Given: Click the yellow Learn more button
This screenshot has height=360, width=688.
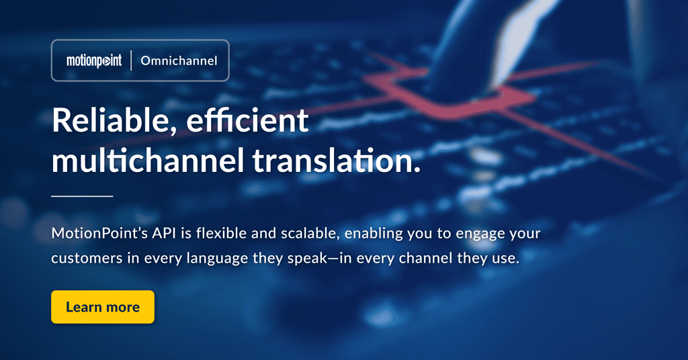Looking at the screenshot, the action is (x=103, y=307).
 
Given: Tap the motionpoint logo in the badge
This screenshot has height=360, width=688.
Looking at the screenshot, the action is (x=94, y=61).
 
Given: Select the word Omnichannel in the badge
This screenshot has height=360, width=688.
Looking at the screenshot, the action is (x=179, y=60).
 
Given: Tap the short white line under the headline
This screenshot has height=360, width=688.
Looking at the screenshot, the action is (x=82, y=196).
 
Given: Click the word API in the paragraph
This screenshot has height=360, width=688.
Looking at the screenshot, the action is (x=164, y=233).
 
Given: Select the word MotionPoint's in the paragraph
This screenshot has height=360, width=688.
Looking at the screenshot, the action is (x=99, y=233).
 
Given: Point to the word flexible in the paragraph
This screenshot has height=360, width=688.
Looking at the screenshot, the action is (x=222, y=232).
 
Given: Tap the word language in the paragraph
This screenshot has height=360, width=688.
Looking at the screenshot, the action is (x=217, y=259).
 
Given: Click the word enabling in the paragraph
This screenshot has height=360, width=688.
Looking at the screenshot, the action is (x=374, y=234).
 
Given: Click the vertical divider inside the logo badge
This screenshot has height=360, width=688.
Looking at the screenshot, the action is (x=131, y=60).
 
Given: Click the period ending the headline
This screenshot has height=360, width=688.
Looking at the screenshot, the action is (x=417, y=169).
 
